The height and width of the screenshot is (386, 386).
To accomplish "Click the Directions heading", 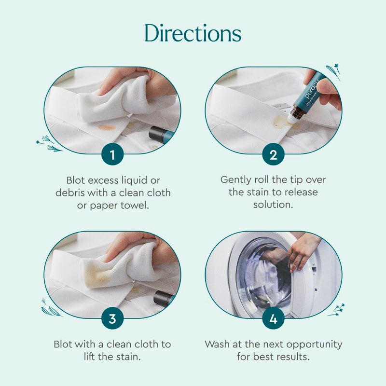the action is pos(193,33).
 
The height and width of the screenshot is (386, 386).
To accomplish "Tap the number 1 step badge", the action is pos(112,154).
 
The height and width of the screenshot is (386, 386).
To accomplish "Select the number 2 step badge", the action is pos(273,154).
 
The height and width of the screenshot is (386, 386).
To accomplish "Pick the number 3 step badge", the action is pos(112,318).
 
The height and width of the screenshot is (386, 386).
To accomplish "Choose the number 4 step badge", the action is pos(273,318).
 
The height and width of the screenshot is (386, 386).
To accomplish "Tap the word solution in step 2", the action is pos(273,205).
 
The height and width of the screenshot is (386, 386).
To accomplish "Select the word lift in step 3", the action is pos(89,357).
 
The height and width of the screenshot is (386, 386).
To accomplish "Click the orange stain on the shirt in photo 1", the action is pos(107,127).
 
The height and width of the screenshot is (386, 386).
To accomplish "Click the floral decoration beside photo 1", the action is pos(49,143).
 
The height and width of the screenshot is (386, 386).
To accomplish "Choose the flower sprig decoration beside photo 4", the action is pos(336,310).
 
